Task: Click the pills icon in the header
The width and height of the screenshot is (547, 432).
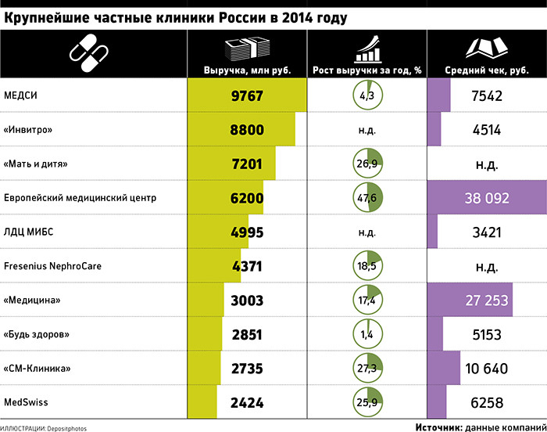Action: [x=88, y=53]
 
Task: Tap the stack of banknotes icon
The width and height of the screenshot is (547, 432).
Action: [x=248, y=49]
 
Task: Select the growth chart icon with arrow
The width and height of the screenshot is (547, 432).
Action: [x=367, y=49]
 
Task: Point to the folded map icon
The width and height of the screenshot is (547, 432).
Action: [x=487, y=49]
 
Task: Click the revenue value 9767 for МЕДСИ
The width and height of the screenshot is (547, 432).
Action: [x=247, y=95]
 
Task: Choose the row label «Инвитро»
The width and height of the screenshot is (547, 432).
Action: [x=28, y=130]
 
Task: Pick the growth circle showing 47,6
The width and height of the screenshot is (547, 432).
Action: [x=368, y=197]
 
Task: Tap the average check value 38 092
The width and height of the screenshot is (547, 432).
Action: [x=487, y=198]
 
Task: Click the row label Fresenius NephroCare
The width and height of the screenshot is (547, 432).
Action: [x=52, y=266]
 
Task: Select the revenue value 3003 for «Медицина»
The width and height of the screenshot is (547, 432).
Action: [x=247, y=301]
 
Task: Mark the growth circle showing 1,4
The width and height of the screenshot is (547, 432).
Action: [x=368, y=334]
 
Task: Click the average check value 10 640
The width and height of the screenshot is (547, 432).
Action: [x=487, y=369]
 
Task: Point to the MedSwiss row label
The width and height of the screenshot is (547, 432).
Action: [x=26, y=402]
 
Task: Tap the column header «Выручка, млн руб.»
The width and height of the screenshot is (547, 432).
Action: [x=248, y=70]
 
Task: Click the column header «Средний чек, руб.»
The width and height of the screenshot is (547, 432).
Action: [x=487, y=70]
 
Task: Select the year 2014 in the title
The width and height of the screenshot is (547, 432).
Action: [x=297, y=18]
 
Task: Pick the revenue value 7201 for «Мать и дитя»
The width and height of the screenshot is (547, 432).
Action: [x=247, y=164]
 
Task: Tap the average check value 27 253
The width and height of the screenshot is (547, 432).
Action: [x=487, y=301]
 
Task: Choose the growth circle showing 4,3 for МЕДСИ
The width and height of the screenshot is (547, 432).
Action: [x=368, y=95]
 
